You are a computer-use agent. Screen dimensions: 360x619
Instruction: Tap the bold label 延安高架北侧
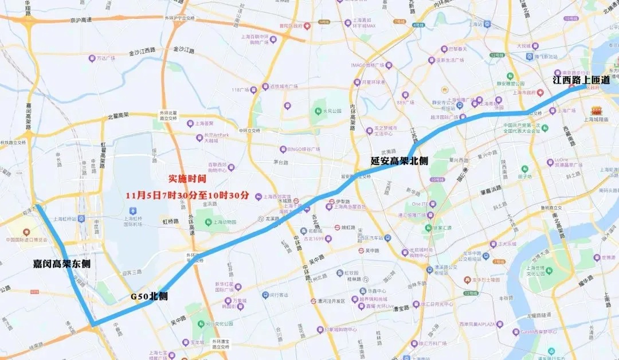[399, 162]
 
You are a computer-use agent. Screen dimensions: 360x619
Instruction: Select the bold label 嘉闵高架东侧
[61, 264]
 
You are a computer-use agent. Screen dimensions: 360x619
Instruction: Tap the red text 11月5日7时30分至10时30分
[187, 195]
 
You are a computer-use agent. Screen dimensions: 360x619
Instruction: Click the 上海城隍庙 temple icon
[597, 110]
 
